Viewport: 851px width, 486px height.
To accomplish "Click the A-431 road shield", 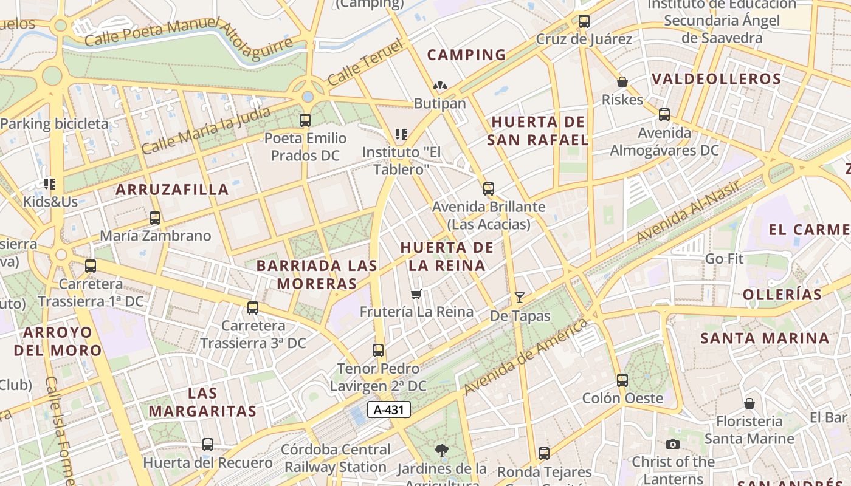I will [x=389, y=409].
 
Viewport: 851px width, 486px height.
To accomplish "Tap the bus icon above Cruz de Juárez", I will [x=584, y=21].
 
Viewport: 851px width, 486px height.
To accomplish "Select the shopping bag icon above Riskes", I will [x=622, y=82].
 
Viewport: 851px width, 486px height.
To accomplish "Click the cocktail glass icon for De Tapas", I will [x=520, y=297].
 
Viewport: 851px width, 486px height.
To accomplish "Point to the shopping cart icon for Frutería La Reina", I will [x=416, y=295].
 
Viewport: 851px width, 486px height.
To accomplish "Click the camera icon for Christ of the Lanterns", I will [x=672, y=444].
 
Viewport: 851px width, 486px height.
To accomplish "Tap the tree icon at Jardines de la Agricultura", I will [x=442, y=451].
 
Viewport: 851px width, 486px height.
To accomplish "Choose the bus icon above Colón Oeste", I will [x=622, y=380].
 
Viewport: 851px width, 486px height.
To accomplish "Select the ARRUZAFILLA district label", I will [x=172, y=190].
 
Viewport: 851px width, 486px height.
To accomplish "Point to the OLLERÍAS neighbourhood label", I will [x=782, y=295].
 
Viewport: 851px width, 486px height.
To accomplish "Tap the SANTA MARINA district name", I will [x=765, y=338].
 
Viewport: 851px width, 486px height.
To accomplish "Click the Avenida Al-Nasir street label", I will [x=688, y=211].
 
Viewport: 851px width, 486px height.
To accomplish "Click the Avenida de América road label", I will [x=526, y=355].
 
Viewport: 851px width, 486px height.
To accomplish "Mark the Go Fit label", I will [x=724, y=259].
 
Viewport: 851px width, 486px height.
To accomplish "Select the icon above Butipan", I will [x=439, y=86].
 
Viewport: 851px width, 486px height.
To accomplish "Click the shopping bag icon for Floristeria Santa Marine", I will [x=749, y=403].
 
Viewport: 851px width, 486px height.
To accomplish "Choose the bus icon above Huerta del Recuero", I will [x=208, y=445].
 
